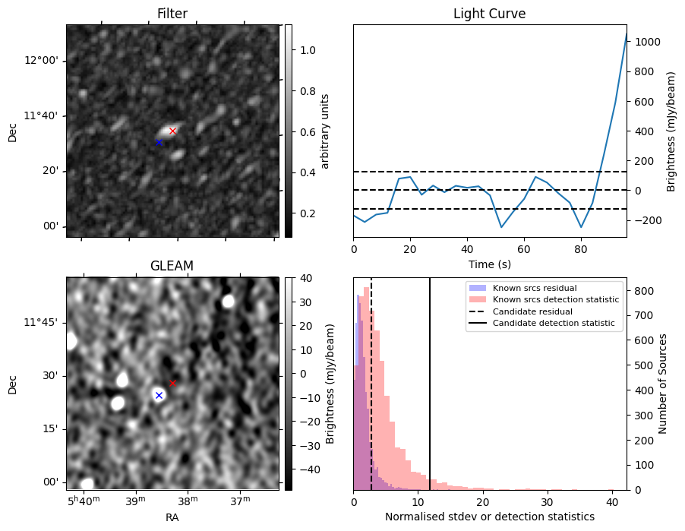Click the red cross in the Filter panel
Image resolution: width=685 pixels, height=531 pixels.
(172, 131)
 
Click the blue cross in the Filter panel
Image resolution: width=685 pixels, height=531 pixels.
(159, 142)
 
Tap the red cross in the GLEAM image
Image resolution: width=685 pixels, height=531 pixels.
(172, 383)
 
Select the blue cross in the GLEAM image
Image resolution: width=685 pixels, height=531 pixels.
(159, 395)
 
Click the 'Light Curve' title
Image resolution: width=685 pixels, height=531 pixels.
(489, 14)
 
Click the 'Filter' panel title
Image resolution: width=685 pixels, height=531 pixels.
(172, 14)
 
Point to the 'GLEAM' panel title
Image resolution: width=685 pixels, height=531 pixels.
(172, 266)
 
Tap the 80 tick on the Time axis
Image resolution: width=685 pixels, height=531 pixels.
(581, 249)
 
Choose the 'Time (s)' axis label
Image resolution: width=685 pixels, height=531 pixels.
(489, 264)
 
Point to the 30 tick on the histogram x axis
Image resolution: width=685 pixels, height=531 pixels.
(547, 502)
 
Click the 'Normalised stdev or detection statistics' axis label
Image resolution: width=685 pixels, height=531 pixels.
(489, 517)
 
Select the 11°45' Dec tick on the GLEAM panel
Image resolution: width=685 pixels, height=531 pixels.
(43, 322)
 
